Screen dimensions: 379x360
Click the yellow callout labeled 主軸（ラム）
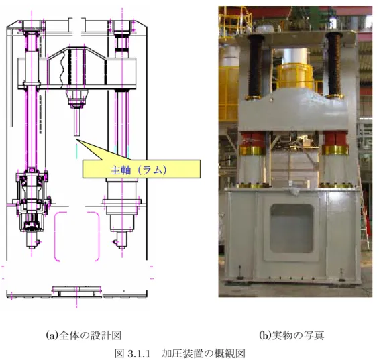click(x=142, y=169)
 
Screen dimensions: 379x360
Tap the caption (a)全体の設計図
click(x=84, y=335)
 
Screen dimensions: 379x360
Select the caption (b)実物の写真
click(x=292, y=335)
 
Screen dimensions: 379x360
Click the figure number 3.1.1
click(x=140, y=353)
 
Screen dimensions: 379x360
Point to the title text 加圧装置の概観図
click(x=203, y=353)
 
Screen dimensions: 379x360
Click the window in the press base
click(x=292, y=229)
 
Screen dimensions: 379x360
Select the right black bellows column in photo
click(x=334, y=64)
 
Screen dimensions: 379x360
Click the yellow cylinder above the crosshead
click(x=294, y=76)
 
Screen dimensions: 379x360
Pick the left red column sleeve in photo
click(x=253, y=140)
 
